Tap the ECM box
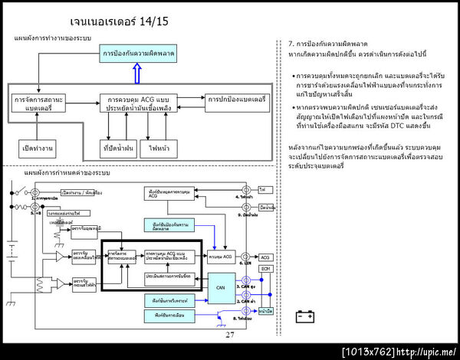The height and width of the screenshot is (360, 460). (x=266, y=269)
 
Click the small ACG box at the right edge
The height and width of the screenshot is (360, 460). (x=265, y=257)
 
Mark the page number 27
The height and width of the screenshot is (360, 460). (x=230, y=335)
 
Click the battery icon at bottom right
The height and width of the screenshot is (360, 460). (x=304, y=314)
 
